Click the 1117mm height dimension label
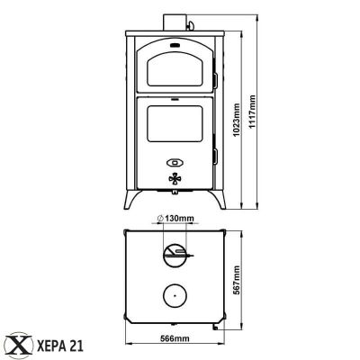click(252, 112)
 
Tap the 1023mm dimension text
click(237, 120)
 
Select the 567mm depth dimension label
click(237, 280)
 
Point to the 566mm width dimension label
click(175, 338)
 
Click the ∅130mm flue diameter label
click(175, 218)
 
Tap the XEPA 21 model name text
click(60, 346)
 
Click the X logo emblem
click(20, 346)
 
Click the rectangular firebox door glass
click(175, 123)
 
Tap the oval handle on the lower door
click(175, 163)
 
